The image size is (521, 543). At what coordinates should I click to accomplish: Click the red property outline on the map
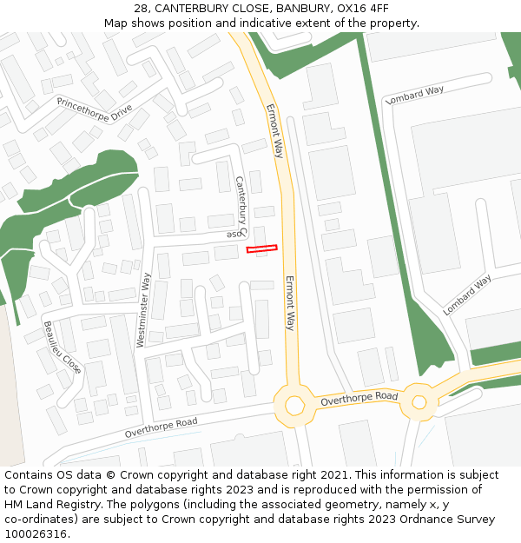261,248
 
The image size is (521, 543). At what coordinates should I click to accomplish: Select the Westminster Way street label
144,310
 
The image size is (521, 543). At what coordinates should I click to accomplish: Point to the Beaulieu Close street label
63,348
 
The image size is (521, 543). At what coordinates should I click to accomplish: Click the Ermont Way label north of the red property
275,130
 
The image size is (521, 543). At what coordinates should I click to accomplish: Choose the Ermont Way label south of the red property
290,303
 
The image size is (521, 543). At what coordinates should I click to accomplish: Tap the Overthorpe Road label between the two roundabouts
359,399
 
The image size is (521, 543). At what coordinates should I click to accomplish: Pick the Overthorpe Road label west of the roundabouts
161,427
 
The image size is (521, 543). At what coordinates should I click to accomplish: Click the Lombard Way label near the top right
414,96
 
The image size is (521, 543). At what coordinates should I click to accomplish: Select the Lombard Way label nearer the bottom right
467,295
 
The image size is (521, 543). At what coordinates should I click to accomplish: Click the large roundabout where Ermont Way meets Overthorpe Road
294,405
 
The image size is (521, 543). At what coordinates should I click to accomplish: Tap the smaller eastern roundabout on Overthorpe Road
419,402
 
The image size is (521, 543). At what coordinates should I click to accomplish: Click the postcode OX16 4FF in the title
366,9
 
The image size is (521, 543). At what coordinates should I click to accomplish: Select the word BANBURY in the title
302,9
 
